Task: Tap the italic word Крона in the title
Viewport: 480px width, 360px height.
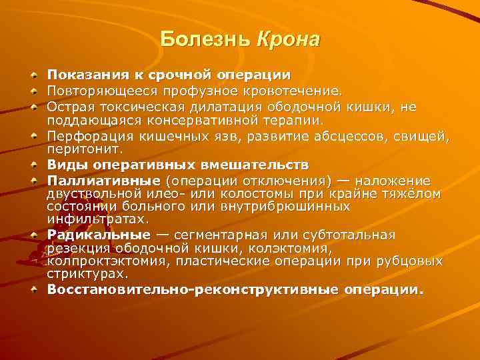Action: pyautogui.click(x=288, y=39)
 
